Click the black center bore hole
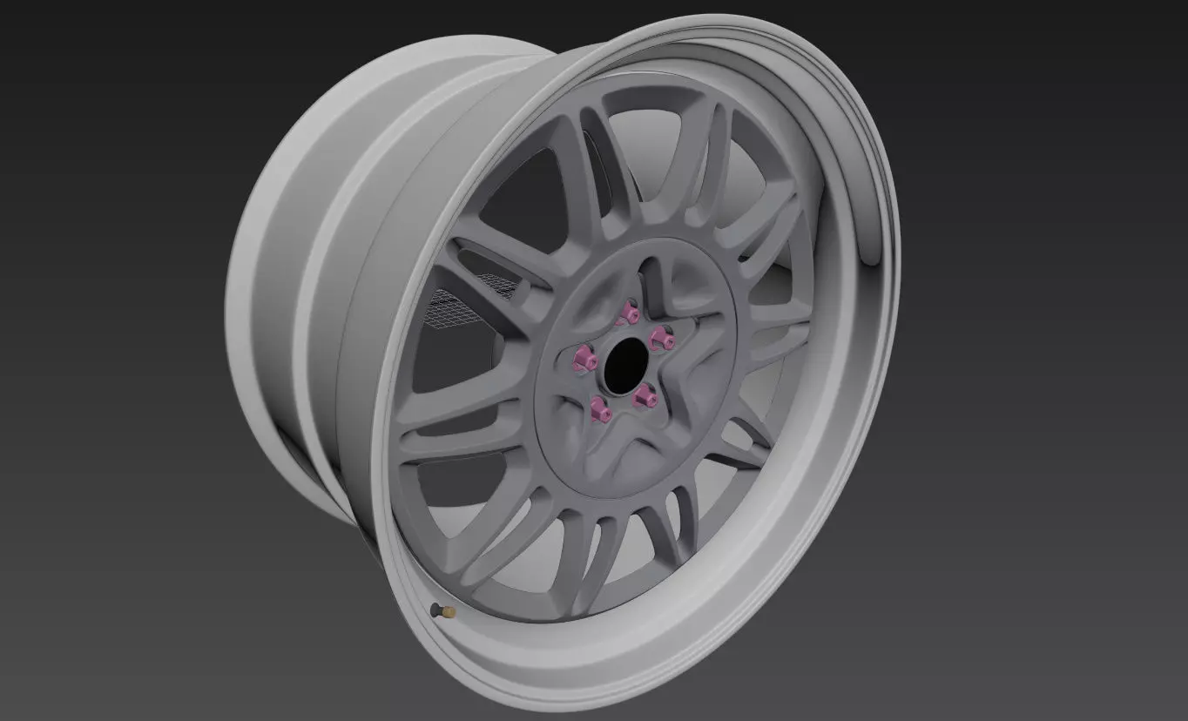pos(624,358)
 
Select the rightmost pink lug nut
pos(663,340)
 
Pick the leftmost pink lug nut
pos(581,355)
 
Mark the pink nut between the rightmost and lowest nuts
pos(645,396)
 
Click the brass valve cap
pos(450,613)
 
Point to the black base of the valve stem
pos(435,608)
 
